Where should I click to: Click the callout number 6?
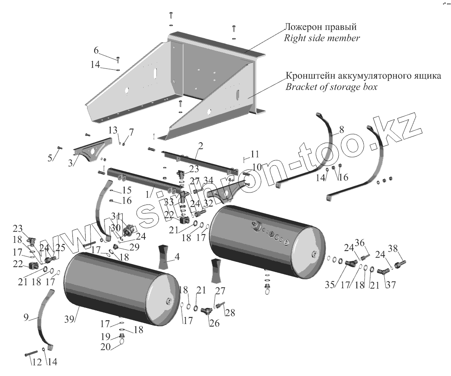tap(96, 51)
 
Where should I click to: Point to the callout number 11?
tap(255, 154)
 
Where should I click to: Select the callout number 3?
tap(71, 162)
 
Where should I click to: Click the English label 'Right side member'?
tap(322, 39)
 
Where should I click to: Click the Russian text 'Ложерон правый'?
tap(320, 27)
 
